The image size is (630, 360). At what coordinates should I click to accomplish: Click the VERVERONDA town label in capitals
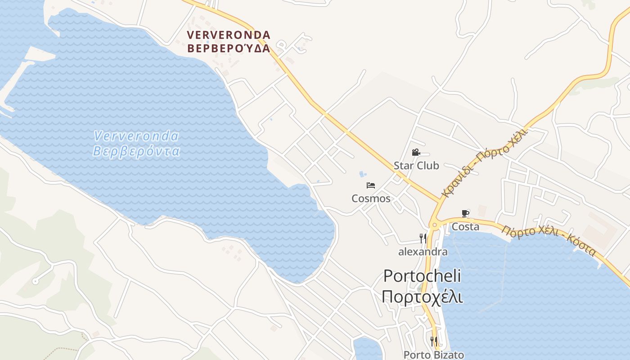tap(229, 35)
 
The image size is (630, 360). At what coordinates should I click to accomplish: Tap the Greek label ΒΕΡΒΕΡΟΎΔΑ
tap(229, 48)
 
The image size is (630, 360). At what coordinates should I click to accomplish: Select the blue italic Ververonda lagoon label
tap(137, 136)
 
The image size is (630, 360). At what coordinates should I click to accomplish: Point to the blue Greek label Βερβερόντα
tap(136, 151)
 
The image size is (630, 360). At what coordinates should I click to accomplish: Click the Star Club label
tap(416, 166)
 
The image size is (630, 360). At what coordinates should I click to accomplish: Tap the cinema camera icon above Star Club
tap(416, 153)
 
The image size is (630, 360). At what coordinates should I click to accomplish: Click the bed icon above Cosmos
tap(371, 185)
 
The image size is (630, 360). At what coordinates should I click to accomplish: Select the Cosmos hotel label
tap(371, 198)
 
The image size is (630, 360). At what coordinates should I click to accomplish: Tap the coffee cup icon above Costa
tap(465, 213)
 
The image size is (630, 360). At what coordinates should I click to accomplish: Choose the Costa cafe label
tap(465, 227)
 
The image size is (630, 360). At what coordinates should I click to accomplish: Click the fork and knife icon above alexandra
tap(423, 238)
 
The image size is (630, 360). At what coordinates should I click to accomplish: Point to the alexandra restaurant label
tap(423, 252)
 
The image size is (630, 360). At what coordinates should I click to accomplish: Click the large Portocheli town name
tap(422, 276)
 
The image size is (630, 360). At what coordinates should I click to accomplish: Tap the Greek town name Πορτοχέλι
tap(422, 297)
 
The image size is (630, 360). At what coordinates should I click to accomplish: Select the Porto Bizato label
tap(433, 355)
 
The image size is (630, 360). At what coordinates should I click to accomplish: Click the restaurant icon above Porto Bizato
tap(433, 341)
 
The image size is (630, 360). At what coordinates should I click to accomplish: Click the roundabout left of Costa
tap(434, 225)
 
